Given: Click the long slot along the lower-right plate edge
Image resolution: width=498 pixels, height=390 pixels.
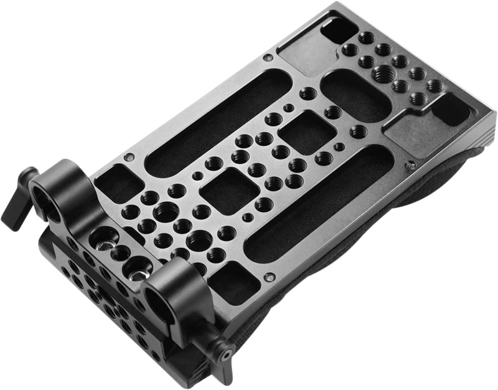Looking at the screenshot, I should tap(317, 206).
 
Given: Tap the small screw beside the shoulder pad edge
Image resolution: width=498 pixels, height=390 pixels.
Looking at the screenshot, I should tap(410, 165).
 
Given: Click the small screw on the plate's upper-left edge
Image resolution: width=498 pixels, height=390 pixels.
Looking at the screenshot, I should tap(267, 57).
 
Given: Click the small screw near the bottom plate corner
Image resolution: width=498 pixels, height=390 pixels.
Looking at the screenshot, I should tap(268, 277).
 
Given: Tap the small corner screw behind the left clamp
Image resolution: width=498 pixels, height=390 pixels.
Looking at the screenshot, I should tap(129, 157).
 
